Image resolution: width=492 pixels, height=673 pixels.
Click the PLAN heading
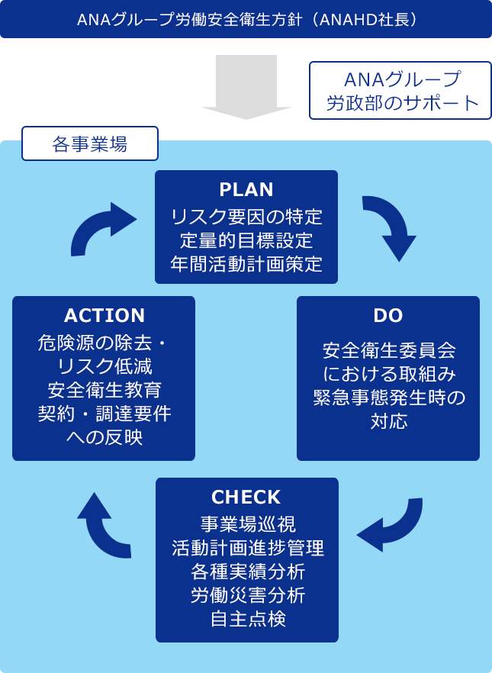pos(246,189)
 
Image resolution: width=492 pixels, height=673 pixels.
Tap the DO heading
pos(388,315)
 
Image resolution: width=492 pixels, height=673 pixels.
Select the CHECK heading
pos(246,498)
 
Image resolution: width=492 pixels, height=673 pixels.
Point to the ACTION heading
pos(105,315)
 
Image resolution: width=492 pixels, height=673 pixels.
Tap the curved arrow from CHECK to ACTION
pos(102,526)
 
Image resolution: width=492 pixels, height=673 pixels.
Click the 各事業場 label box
pos(90,143)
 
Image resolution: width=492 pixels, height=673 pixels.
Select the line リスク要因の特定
pos(246,217)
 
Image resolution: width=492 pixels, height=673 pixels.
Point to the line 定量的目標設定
pos(246,240)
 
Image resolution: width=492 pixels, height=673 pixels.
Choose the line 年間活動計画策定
pos(246,264)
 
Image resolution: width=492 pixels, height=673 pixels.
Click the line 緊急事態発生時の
pos(388,398)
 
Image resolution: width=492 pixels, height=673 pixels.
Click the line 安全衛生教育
pos(104,390)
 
